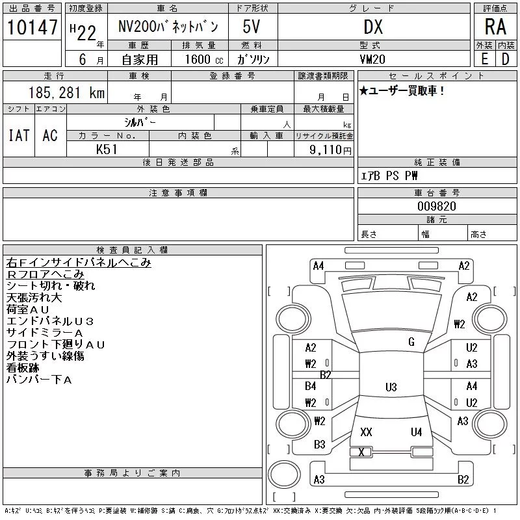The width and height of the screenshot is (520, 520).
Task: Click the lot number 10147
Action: (x=32, y=27)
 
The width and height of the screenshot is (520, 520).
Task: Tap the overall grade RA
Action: (x=495, y=27)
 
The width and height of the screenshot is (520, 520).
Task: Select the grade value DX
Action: (x=373, y=27)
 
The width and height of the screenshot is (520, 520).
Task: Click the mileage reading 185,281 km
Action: (x=67, y=92)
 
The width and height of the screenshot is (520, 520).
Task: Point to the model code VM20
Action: (x=372, y=59)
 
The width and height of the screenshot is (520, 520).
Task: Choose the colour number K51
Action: (x=107, y=149)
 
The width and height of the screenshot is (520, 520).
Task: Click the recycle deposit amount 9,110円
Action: (x=330, y=150)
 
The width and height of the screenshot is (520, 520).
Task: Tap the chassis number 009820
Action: (x=437, y=206)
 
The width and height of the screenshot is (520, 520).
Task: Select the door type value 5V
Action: (x=251, y=27)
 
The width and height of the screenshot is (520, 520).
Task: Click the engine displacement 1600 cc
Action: (x=204, y=59)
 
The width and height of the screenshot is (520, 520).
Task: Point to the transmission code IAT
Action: (x=19, y=135)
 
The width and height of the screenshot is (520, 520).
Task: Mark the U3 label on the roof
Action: (x=391, y=387)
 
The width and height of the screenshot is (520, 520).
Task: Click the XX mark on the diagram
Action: (x=366, y=432)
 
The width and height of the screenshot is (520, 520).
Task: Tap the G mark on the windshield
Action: (x=411, y=342)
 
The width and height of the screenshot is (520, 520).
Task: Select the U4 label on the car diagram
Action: (x=416, y=432)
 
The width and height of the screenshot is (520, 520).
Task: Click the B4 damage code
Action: (x=311, y=386)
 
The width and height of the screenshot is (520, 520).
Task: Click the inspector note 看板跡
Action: (x=23, y=368)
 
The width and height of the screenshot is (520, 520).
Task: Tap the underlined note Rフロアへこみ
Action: (x=45, y=274)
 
